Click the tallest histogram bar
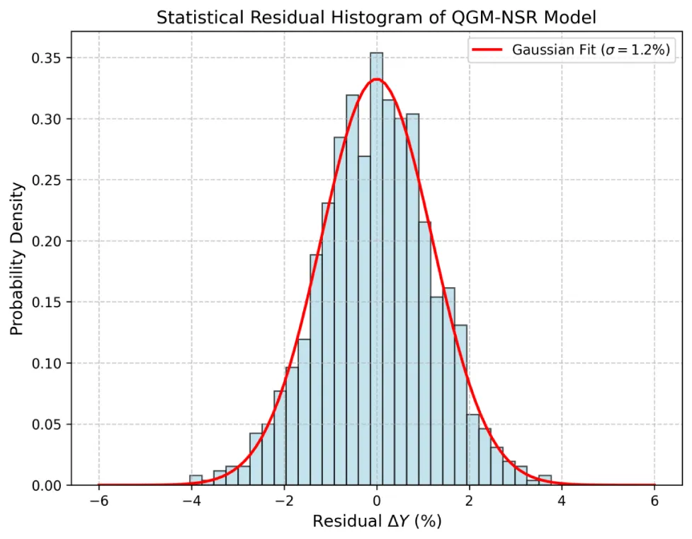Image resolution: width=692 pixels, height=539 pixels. (x=376, y=269)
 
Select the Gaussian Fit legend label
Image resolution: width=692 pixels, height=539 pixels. (x=591, y=50)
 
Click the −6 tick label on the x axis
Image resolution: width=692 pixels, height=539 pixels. (x=98, y=502)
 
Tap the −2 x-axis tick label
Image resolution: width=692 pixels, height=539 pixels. (x=284, y=502)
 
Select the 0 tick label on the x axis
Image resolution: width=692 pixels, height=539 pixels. (x=377, y=502)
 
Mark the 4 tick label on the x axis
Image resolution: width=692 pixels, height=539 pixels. (x=562, y=502)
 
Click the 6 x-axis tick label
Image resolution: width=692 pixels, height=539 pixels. (x=654, y=502)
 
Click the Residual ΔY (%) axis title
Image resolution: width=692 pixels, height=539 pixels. (x=376, y=522)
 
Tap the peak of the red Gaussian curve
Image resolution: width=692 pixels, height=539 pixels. (x=376, y=79)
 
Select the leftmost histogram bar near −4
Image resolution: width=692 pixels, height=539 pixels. (x=195, y=481)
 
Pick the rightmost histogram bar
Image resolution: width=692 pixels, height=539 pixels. (x=545, y=481)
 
